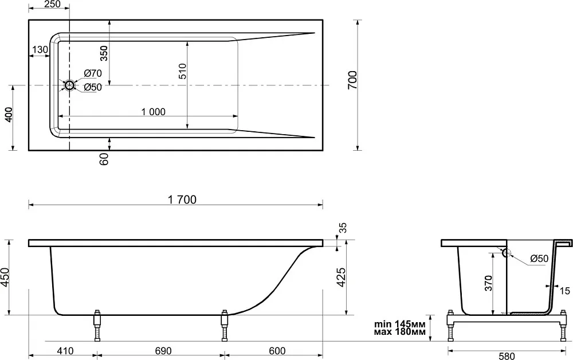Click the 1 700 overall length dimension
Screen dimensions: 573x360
[182, 199]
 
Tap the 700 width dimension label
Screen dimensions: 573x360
[352, 80]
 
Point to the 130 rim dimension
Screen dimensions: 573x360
[40, 49]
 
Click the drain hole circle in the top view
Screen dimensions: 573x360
[69, 85]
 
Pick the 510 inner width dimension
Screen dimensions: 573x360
[182, 71]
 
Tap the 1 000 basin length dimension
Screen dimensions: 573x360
[154, 112]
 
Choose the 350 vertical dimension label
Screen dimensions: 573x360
[104, 53]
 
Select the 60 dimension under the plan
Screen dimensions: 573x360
[104, 159]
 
